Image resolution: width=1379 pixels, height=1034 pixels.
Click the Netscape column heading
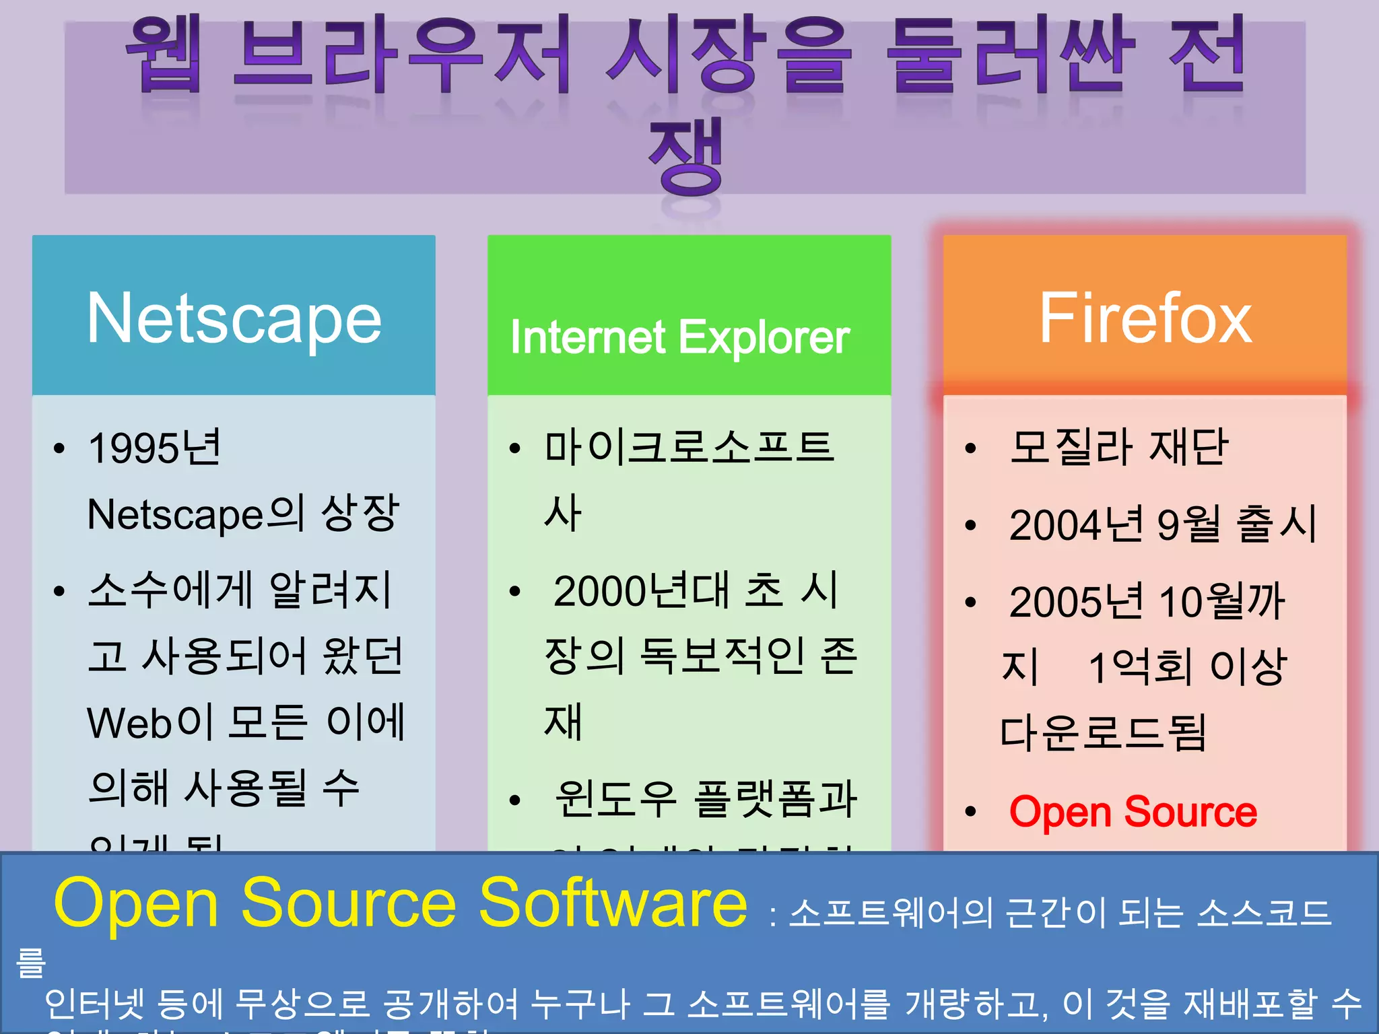point(234,318)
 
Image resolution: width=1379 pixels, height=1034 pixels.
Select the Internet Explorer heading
point(679,337)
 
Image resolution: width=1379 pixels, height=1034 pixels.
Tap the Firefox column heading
point(1145,318)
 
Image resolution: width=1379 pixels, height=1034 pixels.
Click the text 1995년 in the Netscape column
point(154,448)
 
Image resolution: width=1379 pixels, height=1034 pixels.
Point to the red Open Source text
point(1133,812)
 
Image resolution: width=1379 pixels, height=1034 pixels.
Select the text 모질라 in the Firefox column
point(1071,448)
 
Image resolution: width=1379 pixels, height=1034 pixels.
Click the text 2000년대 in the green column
point(640,591)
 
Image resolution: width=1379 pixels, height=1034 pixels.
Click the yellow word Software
point(612,903)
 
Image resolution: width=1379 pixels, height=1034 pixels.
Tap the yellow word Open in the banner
point(135,903)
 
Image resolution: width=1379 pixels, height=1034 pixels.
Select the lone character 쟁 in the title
point(685,156)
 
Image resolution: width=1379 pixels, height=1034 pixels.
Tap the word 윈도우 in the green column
point(615,799)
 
